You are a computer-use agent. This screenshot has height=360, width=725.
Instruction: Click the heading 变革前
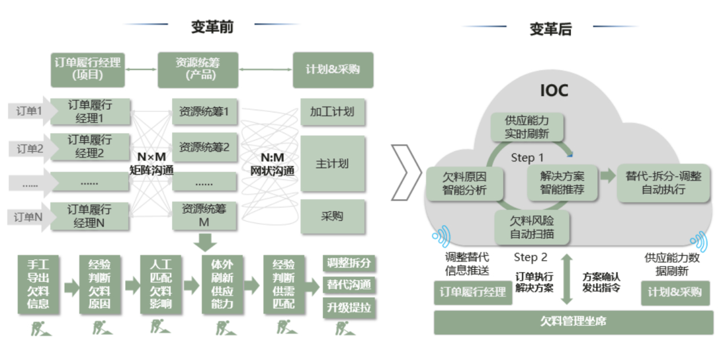(x=213, y=27)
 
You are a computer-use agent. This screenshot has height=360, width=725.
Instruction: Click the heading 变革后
(x=551, y=29)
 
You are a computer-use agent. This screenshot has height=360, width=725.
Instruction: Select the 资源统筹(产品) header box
(x=198, y=70)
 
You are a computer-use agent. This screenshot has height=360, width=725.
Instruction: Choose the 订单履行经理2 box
(x=90, y=147)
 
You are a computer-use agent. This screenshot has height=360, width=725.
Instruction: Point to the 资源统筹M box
(x=204, y=215)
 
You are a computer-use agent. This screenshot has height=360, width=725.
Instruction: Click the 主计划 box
(x=333, y=164)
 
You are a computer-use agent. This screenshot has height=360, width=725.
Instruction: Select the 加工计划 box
(x=333, y=112)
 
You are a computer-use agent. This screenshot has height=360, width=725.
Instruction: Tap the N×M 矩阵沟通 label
(x=151, y=163)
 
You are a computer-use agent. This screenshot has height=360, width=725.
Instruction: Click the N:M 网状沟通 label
(x=272, y=164)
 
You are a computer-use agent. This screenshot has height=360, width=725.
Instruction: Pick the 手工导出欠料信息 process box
(x=38, y=285)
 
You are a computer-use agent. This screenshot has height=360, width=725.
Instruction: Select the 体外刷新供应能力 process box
(x=222, y=285)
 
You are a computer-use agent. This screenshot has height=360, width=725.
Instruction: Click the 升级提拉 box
(x=349, y=307)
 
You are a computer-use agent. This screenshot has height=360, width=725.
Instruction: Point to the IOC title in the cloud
(x=554, y=91)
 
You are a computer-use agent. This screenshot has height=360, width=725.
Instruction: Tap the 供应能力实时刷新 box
(x=527, y=127)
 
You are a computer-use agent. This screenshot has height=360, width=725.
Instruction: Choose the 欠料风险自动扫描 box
(x=532, y=227)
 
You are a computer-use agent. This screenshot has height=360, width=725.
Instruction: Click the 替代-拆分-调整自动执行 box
(x=663, y=183)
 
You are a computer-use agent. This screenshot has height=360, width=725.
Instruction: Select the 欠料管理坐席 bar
(x=574, y=322)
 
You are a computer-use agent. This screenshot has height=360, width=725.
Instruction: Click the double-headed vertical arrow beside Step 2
(x=566, y=279)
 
